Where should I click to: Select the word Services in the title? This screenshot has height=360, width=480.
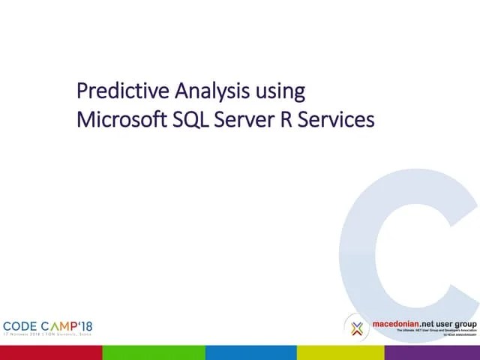tap(340, 119)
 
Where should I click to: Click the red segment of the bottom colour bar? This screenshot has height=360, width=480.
tap(51, 352)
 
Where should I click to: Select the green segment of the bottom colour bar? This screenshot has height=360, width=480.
tap(154, 352)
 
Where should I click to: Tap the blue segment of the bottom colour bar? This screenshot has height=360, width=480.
tap(251, 352)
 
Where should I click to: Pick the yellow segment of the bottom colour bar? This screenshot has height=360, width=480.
tap(341, 352)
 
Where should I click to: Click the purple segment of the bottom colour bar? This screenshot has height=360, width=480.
tap(433, 352)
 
